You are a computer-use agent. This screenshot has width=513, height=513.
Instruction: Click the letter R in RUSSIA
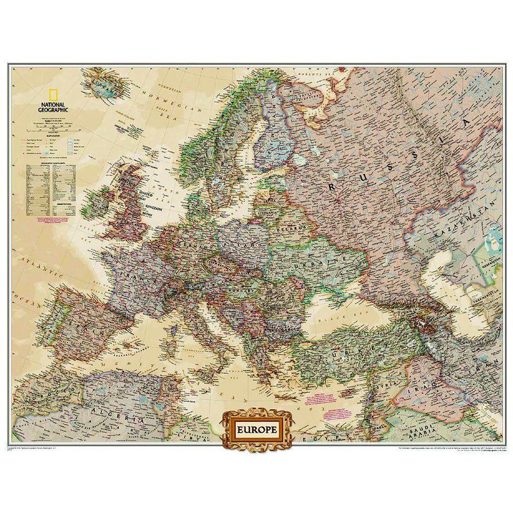[x=334, y=185]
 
